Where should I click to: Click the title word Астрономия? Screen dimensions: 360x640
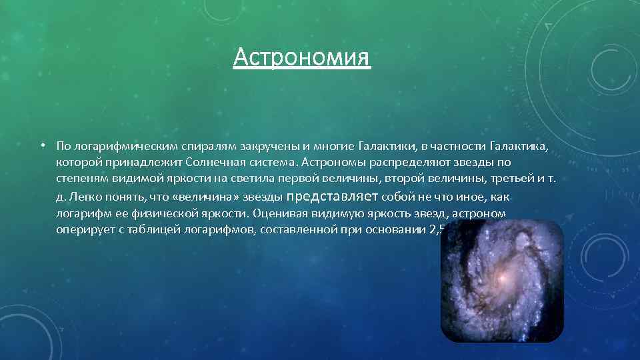pyautogui.click(x=302, y=57)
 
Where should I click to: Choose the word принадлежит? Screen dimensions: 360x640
pyautogui.click(x=139, y=163)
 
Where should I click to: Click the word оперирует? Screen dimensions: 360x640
pyautogui.click(x=82, y=231)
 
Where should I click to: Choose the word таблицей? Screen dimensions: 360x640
pyautogui.click(x=150, y=231)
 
